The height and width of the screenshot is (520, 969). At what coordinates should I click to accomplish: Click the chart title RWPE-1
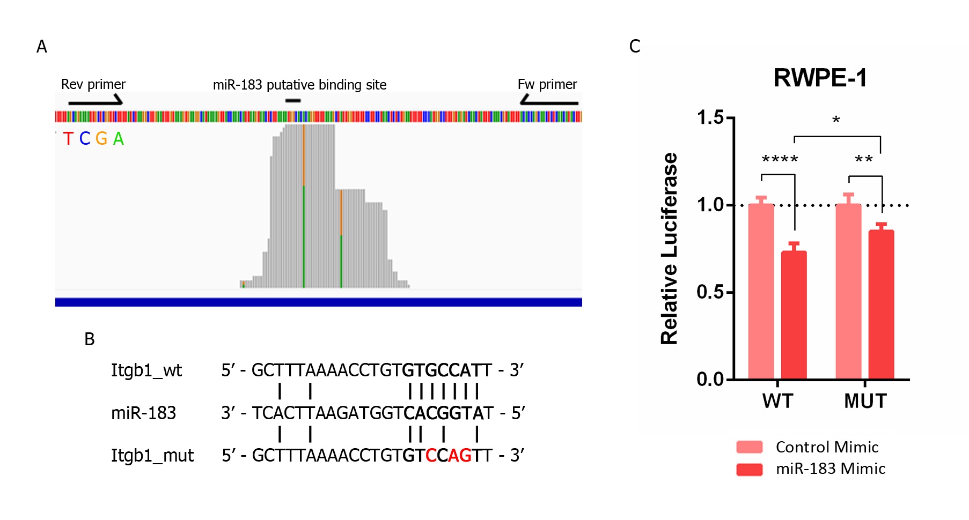pyautogui.click(x=820, y=78)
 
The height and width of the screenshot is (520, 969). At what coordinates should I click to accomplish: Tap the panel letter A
pyautogui.click(x=42, y=47)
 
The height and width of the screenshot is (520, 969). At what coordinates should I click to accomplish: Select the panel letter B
pyautogui.click(x=90, y=339)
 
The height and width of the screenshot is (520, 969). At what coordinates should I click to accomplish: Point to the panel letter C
pyautogui.click(x=635, y=47)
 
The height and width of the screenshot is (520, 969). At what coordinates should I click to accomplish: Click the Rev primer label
pyautogui.click(x=93, y=85)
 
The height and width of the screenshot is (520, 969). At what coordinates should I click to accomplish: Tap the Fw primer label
pyautogui.click(x=547, y=85)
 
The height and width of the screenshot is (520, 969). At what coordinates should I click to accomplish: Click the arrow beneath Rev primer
pyautogui.click(x=96, y=101)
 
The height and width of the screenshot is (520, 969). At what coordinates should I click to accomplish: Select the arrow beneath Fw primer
pyautogui.click(x=548, y=101)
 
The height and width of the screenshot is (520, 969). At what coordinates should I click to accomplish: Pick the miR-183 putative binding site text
pyautogui.click(x=299, y=85)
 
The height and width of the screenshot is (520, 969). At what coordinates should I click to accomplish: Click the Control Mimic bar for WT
pyautogui.click(x=761, y=292)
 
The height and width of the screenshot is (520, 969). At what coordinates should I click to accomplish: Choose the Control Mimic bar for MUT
pyautogui.click(x=848, y=292)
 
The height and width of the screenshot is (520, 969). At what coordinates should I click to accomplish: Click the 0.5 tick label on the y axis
pyautogui.click(x=710, y=292)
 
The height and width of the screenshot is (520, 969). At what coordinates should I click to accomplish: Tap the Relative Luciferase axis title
pyautogui.click(x=670, y=248)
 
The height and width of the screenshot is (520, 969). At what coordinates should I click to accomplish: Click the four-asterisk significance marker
pyautogui.click(x=780, y=159)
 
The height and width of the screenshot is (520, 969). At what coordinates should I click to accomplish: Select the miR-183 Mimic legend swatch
pyautogui.click(x=750, y=469)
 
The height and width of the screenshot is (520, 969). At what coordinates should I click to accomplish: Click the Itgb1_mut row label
pyautogui.click(x=152, y=456)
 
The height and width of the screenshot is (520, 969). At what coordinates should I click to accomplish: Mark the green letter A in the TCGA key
pyautogui.click(x=119, y=139)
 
